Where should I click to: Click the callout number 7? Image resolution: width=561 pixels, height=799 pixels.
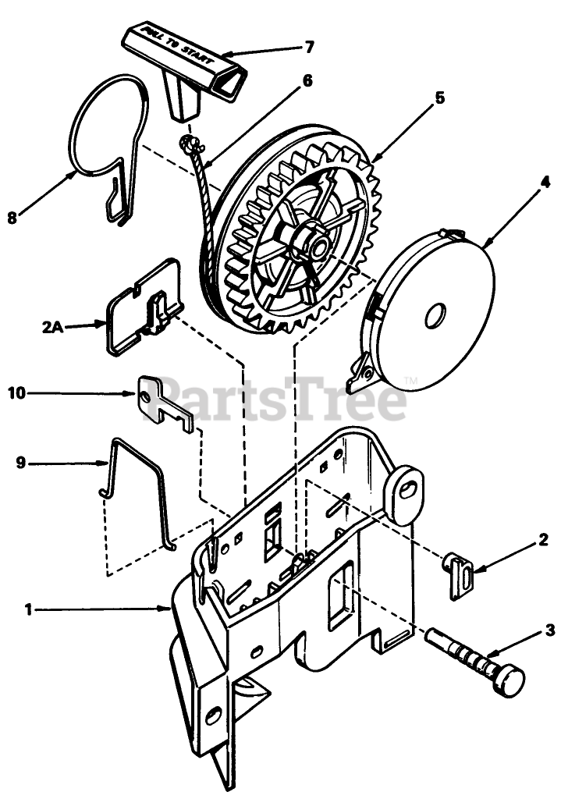309,47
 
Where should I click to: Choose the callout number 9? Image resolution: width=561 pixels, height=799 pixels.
21,463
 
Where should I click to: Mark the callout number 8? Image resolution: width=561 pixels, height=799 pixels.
12,218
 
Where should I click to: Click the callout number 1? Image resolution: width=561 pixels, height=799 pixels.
29,610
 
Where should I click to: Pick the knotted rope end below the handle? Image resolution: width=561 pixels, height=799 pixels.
191,144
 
